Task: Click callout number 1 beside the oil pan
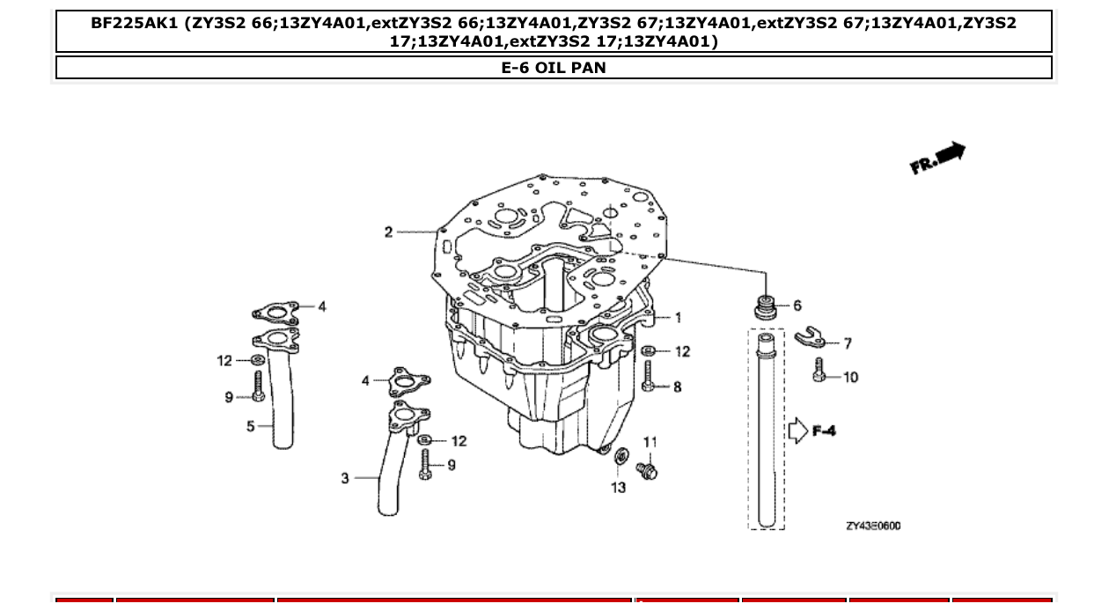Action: click(678, 318)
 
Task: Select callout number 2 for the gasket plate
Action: click(388, 232)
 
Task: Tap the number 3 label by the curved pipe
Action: click(345, 478)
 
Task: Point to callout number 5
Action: click(251, 426)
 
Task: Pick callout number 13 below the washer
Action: click(619, 487)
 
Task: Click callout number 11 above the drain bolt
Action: click(650, 442)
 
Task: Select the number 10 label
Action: click(850, 378)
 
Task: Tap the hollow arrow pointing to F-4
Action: click(797, 431)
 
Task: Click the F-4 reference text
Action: click(824, 431)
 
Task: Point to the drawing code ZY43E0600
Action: click(873, 526)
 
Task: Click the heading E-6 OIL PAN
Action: click(554, 67)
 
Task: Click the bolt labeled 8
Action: click(648, 379)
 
